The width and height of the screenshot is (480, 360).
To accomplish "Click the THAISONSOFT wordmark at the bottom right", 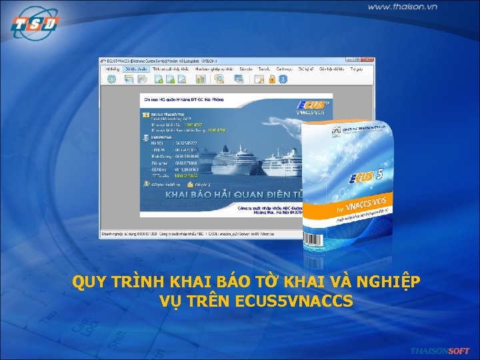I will coord(439,351).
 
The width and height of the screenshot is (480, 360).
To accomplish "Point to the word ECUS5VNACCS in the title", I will coord(294,301).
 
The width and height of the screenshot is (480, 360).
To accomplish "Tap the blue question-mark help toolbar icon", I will coord(282,79).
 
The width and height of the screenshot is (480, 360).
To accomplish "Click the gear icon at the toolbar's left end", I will coord(111,79).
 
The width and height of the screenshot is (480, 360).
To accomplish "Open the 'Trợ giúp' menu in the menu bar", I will coord(356,69).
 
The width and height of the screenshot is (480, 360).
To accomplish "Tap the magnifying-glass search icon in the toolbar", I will coord(219,79).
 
